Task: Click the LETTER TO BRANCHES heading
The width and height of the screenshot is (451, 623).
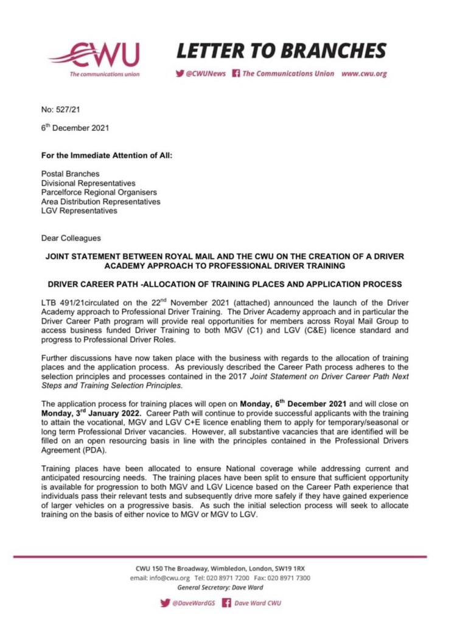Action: [x=282, y=51]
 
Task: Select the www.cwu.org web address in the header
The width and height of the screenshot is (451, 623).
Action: [x=363, y=74]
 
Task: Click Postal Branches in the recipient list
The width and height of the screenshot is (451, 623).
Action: [x=70, y=174]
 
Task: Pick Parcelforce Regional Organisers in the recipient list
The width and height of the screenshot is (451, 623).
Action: [x=99, y=192]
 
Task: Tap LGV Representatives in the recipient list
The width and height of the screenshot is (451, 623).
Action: [x=79, y=211]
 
